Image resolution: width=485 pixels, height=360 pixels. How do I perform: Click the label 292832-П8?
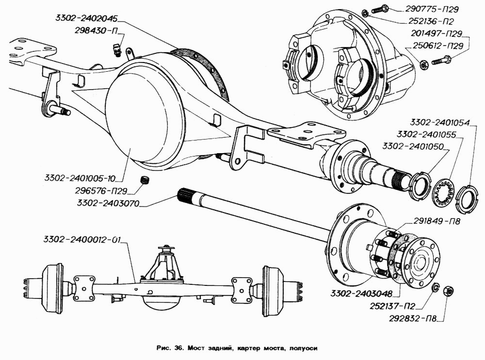(x=413, y=318)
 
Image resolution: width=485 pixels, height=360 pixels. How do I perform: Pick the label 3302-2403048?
(x=361, y=293)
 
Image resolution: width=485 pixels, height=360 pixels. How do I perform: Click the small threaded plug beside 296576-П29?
(x=144, y=180)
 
